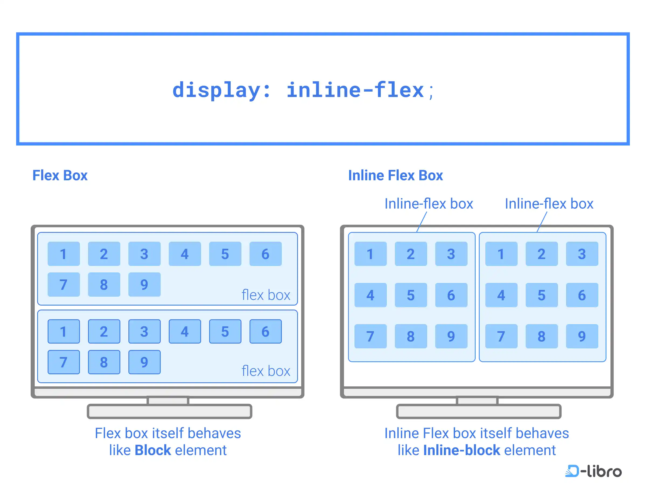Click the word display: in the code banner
[221, 90]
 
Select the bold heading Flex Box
[60, 175]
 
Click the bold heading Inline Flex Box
[395, 175]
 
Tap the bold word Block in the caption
[153, 450]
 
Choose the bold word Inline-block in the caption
[461, 450]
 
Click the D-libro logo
[593, 471]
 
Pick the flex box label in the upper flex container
[266, 295]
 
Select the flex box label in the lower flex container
[266, 371]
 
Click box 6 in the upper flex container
[265, 254]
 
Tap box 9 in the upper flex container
[144, 285]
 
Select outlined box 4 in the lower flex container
[185, 331]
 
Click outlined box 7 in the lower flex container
[64, 362]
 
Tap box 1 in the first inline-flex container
[371, 254]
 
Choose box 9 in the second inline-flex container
[582, 336]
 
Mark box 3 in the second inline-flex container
[582, 254]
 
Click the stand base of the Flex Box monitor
[169, 411]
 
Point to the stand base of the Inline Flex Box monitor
[479, 411]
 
